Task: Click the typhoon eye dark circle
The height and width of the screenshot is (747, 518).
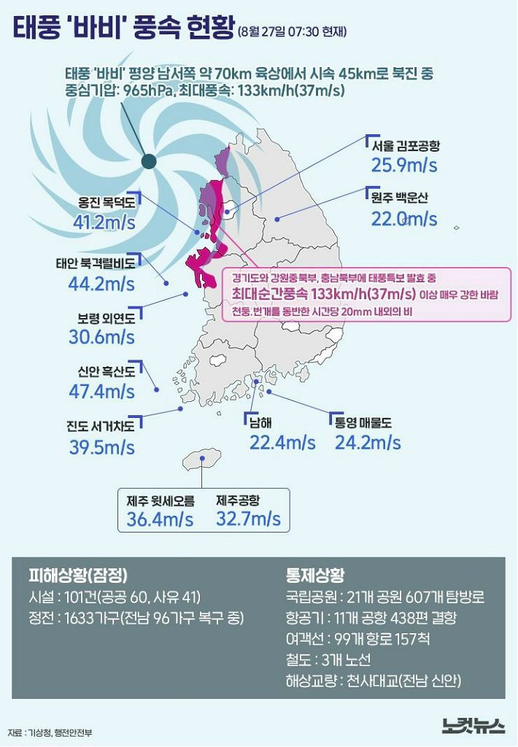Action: coord(149,162)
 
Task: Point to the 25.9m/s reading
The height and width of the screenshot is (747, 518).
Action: coord(404,165)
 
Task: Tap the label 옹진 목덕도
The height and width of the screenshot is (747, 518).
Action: coord(107,203)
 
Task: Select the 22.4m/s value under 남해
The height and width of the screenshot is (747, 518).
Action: coord(282,442)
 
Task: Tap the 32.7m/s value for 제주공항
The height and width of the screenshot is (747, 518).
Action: coord(248,519)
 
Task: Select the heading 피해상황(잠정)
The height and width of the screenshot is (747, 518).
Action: coord(82,573)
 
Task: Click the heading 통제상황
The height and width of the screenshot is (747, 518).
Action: coord(316,573)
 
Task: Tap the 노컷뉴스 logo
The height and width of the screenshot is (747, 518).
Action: coord(473,726)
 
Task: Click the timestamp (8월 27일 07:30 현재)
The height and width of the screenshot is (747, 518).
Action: coord(292,31)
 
